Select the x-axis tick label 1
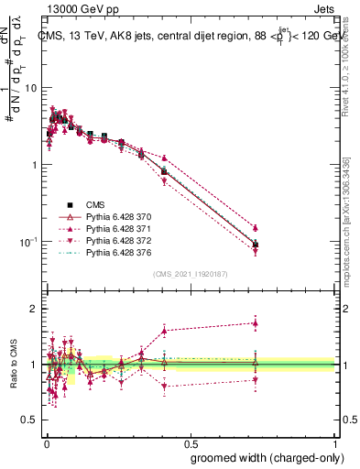[x=335, y=442]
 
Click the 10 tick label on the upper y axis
[x=31, y=88]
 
